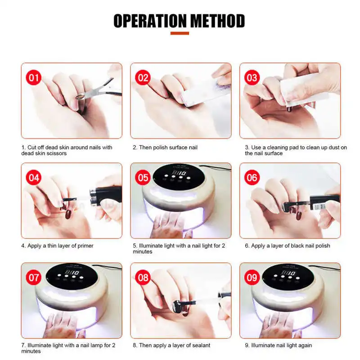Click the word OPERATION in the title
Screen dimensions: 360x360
[x=150, y=21]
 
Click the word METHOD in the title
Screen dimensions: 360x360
[x=218, y=21]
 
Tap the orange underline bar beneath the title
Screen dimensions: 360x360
[x=180, y=33]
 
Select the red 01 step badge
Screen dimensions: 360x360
[x=33, y=77]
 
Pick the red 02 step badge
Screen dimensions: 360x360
[x=143, y=77]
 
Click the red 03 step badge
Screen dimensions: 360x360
[x=252, y=77]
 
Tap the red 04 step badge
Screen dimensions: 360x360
[x=33, y=177]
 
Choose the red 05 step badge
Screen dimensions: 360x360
[x=143, y=177]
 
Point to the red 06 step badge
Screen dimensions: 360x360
[x=252, y=177]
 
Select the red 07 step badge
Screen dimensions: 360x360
[x=33, y=278]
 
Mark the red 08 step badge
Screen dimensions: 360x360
[x=143, y=278]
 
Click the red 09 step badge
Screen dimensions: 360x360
[x=252, y=278]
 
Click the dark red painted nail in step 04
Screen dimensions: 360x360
[x=68, y=214]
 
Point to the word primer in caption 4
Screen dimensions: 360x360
[x=85, y=246]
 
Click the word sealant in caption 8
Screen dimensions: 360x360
[x=200, y=345]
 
